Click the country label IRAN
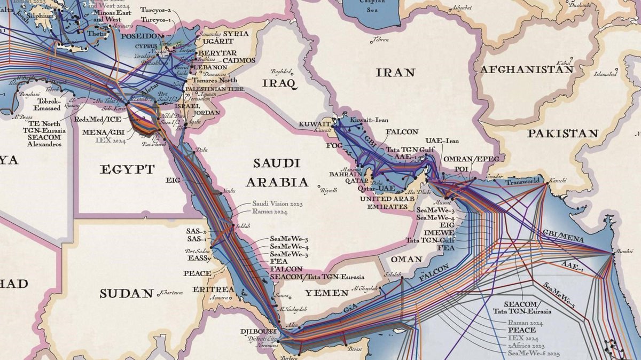[x=395, y=72]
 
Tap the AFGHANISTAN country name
[x=527, y=69]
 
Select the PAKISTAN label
[x=563, y=133]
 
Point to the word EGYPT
[x=127, y=169]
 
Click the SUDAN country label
[x=127, y=293]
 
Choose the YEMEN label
[x=326, y=293]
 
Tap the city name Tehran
[x=381, y=40]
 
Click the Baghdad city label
[x=282, y=72]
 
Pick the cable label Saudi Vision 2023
[x=277, y=204]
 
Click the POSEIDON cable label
[x=143, y=36]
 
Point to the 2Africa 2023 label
[x=526, y=346]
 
